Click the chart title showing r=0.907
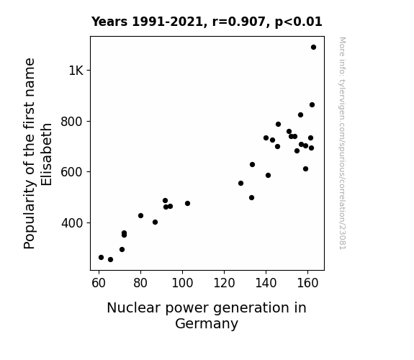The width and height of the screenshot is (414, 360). [207, 22]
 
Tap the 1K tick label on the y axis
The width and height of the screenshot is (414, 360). [76, 71]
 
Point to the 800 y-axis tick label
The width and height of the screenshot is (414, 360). [72, 122]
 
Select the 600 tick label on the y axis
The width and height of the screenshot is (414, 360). [72, 172]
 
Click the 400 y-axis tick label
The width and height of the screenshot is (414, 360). [72, 223]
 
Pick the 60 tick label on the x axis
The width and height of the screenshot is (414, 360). [99, 283]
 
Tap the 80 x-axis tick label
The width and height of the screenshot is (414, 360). [140, 283]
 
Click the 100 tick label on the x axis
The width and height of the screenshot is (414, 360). [182, 283]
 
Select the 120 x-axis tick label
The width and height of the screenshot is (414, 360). [224, 283]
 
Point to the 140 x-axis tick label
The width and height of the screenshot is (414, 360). [266, 283]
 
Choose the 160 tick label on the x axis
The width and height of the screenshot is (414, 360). [307, 283]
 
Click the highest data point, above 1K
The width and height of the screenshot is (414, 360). [313, 48]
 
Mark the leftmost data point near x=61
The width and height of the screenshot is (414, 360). [101, 257]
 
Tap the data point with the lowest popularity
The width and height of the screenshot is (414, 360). [111, 260]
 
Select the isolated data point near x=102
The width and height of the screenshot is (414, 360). [187, 203]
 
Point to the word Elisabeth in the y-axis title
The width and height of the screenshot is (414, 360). [47, 154]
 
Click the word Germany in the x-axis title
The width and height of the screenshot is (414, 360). [207, 324]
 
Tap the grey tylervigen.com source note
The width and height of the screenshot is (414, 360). [342, 143]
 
